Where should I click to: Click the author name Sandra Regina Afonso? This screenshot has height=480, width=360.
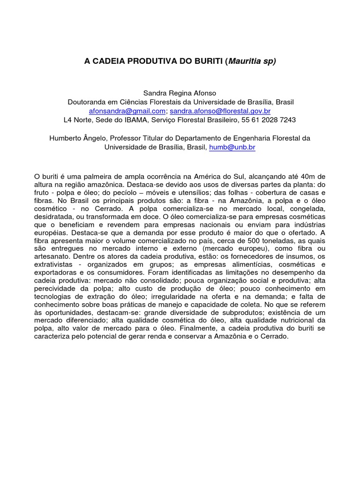(x=180, y=93)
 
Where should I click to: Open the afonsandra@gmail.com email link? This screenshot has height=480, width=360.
(x=127, y=111)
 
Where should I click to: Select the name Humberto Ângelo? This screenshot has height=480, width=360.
(x=72, y=138)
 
